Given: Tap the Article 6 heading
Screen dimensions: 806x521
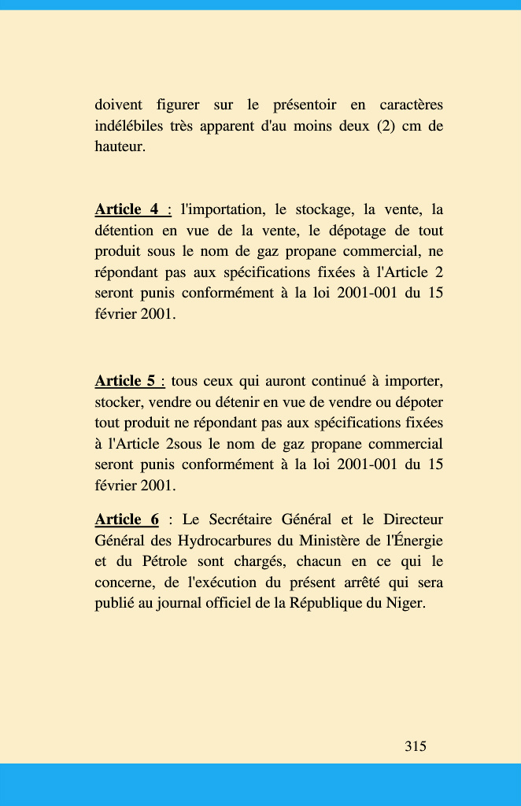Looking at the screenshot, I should coord(127,519).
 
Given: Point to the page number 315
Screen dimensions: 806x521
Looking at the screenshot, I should coord(416,746).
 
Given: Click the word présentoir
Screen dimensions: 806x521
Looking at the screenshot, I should coord(305,105).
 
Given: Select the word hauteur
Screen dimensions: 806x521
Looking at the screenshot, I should coord(120,147).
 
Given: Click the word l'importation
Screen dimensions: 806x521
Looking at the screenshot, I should coord(223,209).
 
